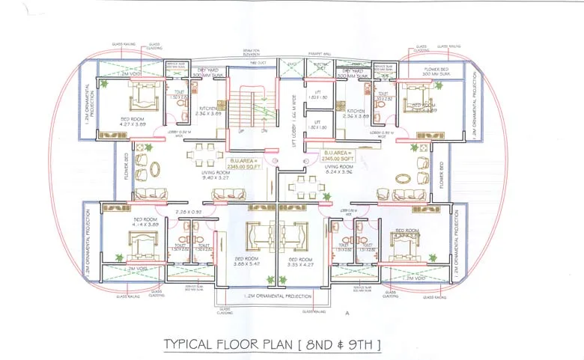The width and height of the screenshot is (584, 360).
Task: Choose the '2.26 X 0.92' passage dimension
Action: (x=186, y=211)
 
